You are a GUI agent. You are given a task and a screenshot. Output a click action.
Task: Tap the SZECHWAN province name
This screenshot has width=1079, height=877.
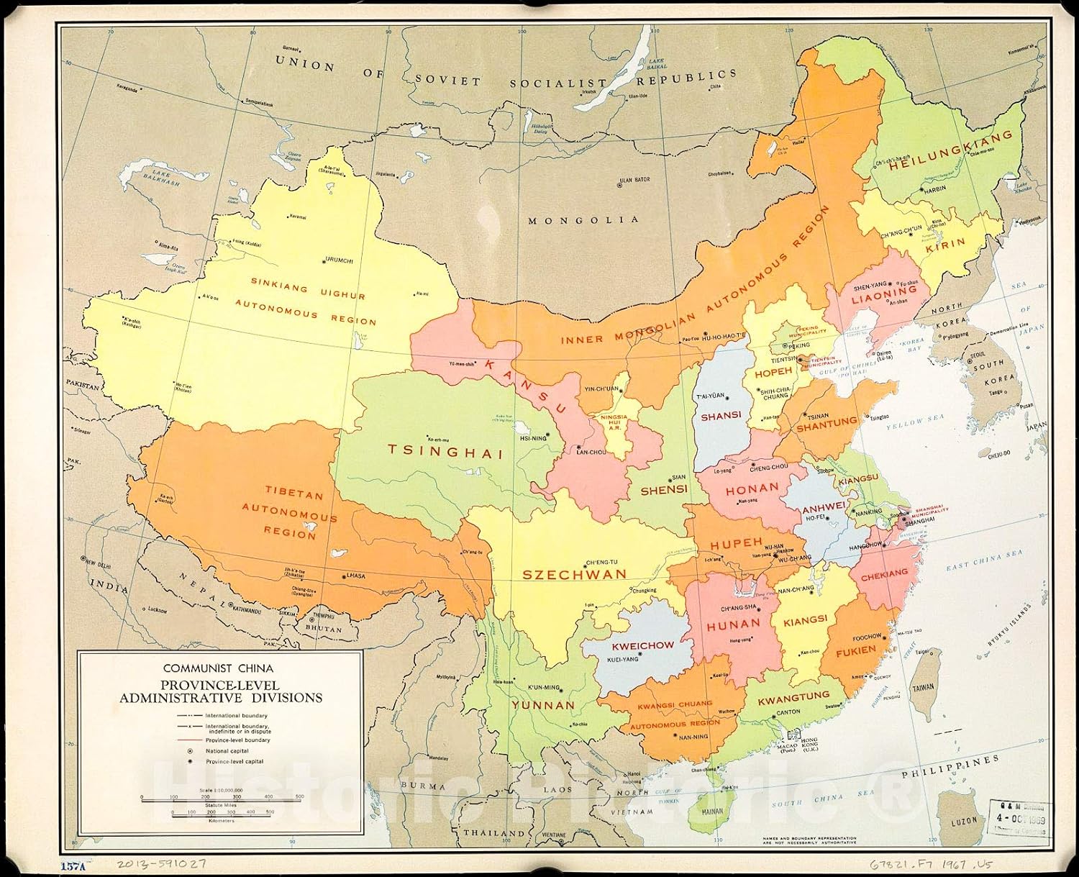tap(574, 574)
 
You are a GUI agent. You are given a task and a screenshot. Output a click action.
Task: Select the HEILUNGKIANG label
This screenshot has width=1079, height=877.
tap(951, 153)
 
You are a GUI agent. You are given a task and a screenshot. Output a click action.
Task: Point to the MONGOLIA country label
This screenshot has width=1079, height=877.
tap(583, 220)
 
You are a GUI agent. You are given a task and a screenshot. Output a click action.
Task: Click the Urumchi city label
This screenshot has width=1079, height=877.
tap(339, 260)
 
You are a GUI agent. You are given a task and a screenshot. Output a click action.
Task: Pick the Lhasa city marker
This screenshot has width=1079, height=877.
tap(342, 576)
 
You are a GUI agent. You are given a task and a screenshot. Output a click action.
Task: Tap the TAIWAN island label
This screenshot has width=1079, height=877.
tap(923, 688)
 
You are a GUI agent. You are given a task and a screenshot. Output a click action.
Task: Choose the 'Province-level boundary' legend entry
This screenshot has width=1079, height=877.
tap(237, 740)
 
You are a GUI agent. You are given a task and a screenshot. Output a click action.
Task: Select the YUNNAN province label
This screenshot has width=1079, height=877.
tap(543, 705)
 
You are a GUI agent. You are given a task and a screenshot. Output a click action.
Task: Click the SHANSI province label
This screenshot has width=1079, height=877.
tap(721, 415)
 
